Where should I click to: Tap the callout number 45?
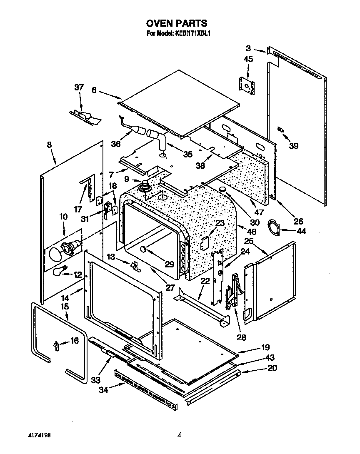point(248,60)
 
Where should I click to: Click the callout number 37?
point(79,87)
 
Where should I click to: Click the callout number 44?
point(301,231)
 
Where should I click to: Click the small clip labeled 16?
point(55,345)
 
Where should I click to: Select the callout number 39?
point(294,146)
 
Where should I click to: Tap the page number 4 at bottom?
point(179,435)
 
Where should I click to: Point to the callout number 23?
point(220,223)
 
